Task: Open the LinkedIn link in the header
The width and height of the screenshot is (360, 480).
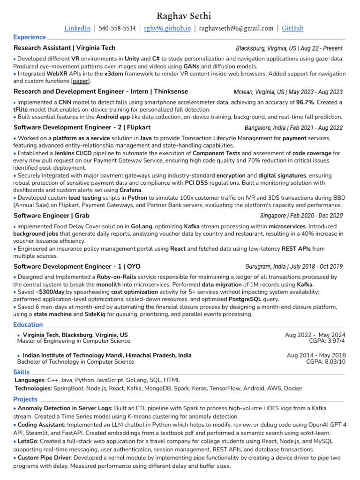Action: coord(77,29)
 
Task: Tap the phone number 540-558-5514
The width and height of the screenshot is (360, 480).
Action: coord(117,29)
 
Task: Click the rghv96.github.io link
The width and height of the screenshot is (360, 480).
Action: coord(167,29)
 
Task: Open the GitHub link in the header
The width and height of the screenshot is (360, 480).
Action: coord(292,29)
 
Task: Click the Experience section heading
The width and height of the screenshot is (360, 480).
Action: coord(30,37)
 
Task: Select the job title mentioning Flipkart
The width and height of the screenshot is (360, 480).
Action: coord(82,127)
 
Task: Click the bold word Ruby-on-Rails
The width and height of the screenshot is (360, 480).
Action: coord(118,277)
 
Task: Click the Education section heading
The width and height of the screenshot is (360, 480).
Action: coord(28,325)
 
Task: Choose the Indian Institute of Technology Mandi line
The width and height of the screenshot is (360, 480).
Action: coord(107,355)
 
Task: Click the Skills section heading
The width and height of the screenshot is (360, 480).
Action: coord(22,372)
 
